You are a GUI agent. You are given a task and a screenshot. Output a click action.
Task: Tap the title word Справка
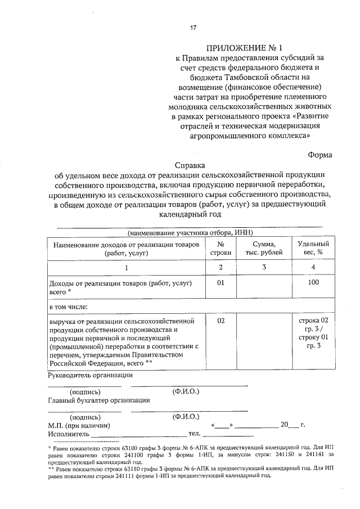[190, 165]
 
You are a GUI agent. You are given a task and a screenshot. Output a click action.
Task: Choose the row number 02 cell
[221, 321]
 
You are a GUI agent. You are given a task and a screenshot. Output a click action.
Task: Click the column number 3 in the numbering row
[264, 267]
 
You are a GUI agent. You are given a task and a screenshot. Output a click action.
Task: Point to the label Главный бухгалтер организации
[98, 400]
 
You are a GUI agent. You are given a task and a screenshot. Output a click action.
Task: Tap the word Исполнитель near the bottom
[68, 434]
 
